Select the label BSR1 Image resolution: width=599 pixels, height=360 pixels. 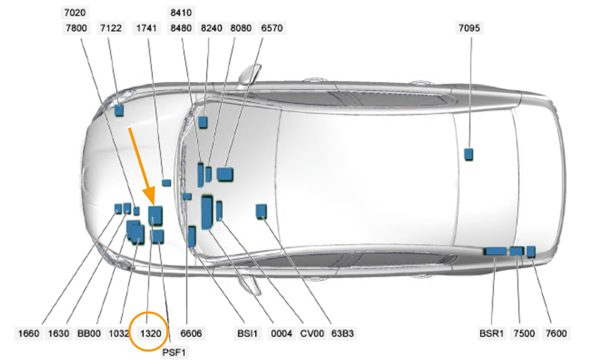[x=492, y=333]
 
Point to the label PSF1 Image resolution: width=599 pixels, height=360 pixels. [x=175, y=353]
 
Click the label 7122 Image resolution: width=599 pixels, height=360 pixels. [x=111, y=29]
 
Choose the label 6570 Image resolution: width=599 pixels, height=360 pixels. [x=271, y=29]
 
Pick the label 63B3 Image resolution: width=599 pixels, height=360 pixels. [x=342, y=333]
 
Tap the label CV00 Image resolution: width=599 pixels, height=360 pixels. [x=311, y=333]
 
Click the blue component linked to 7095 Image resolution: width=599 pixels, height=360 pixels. [x=469, y=154]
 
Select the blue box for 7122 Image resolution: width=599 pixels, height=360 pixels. [x=119, y=110]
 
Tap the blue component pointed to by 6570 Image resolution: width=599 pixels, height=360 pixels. [x=225, y=174]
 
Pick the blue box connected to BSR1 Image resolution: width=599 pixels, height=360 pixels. [x=495, y=251]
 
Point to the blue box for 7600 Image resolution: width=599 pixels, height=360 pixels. [x=531, y=251]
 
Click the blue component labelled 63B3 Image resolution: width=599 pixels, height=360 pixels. [x=261, y=211]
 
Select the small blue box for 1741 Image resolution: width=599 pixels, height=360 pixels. [x=166, y=183]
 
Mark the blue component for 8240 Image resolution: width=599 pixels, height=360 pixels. [x=202, y=122]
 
